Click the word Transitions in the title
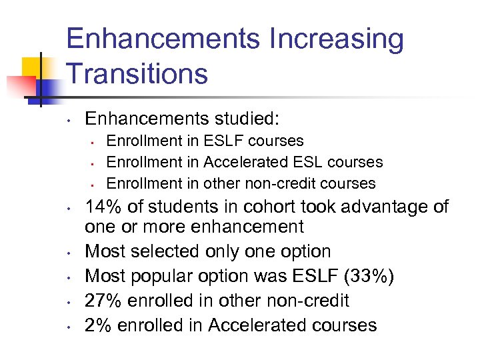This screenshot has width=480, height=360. pos(137,73)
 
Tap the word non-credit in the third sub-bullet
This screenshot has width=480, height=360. pos(283,183)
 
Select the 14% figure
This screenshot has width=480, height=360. pos(102,207)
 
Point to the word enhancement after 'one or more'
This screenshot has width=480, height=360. pos(248,227)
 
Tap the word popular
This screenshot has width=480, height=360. pos(175,276)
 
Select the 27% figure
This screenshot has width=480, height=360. pos(102,301)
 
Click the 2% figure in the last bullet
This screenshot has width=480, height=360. pos(96,325)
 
